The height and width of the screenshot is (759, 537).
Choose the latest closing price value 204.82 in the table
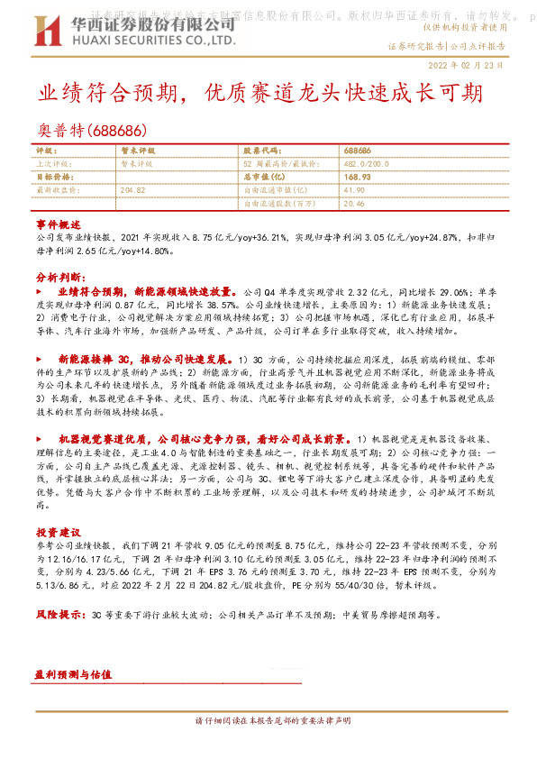[x=132, y=190]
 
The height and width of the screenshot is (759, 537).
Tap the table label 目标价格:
[x=54, y=178]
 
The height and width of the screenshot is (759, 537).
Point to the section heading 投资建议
[x=59, y=532]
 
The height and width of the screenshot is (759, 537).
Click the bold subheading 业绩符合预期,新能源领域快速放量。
[x=150, y=293]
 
